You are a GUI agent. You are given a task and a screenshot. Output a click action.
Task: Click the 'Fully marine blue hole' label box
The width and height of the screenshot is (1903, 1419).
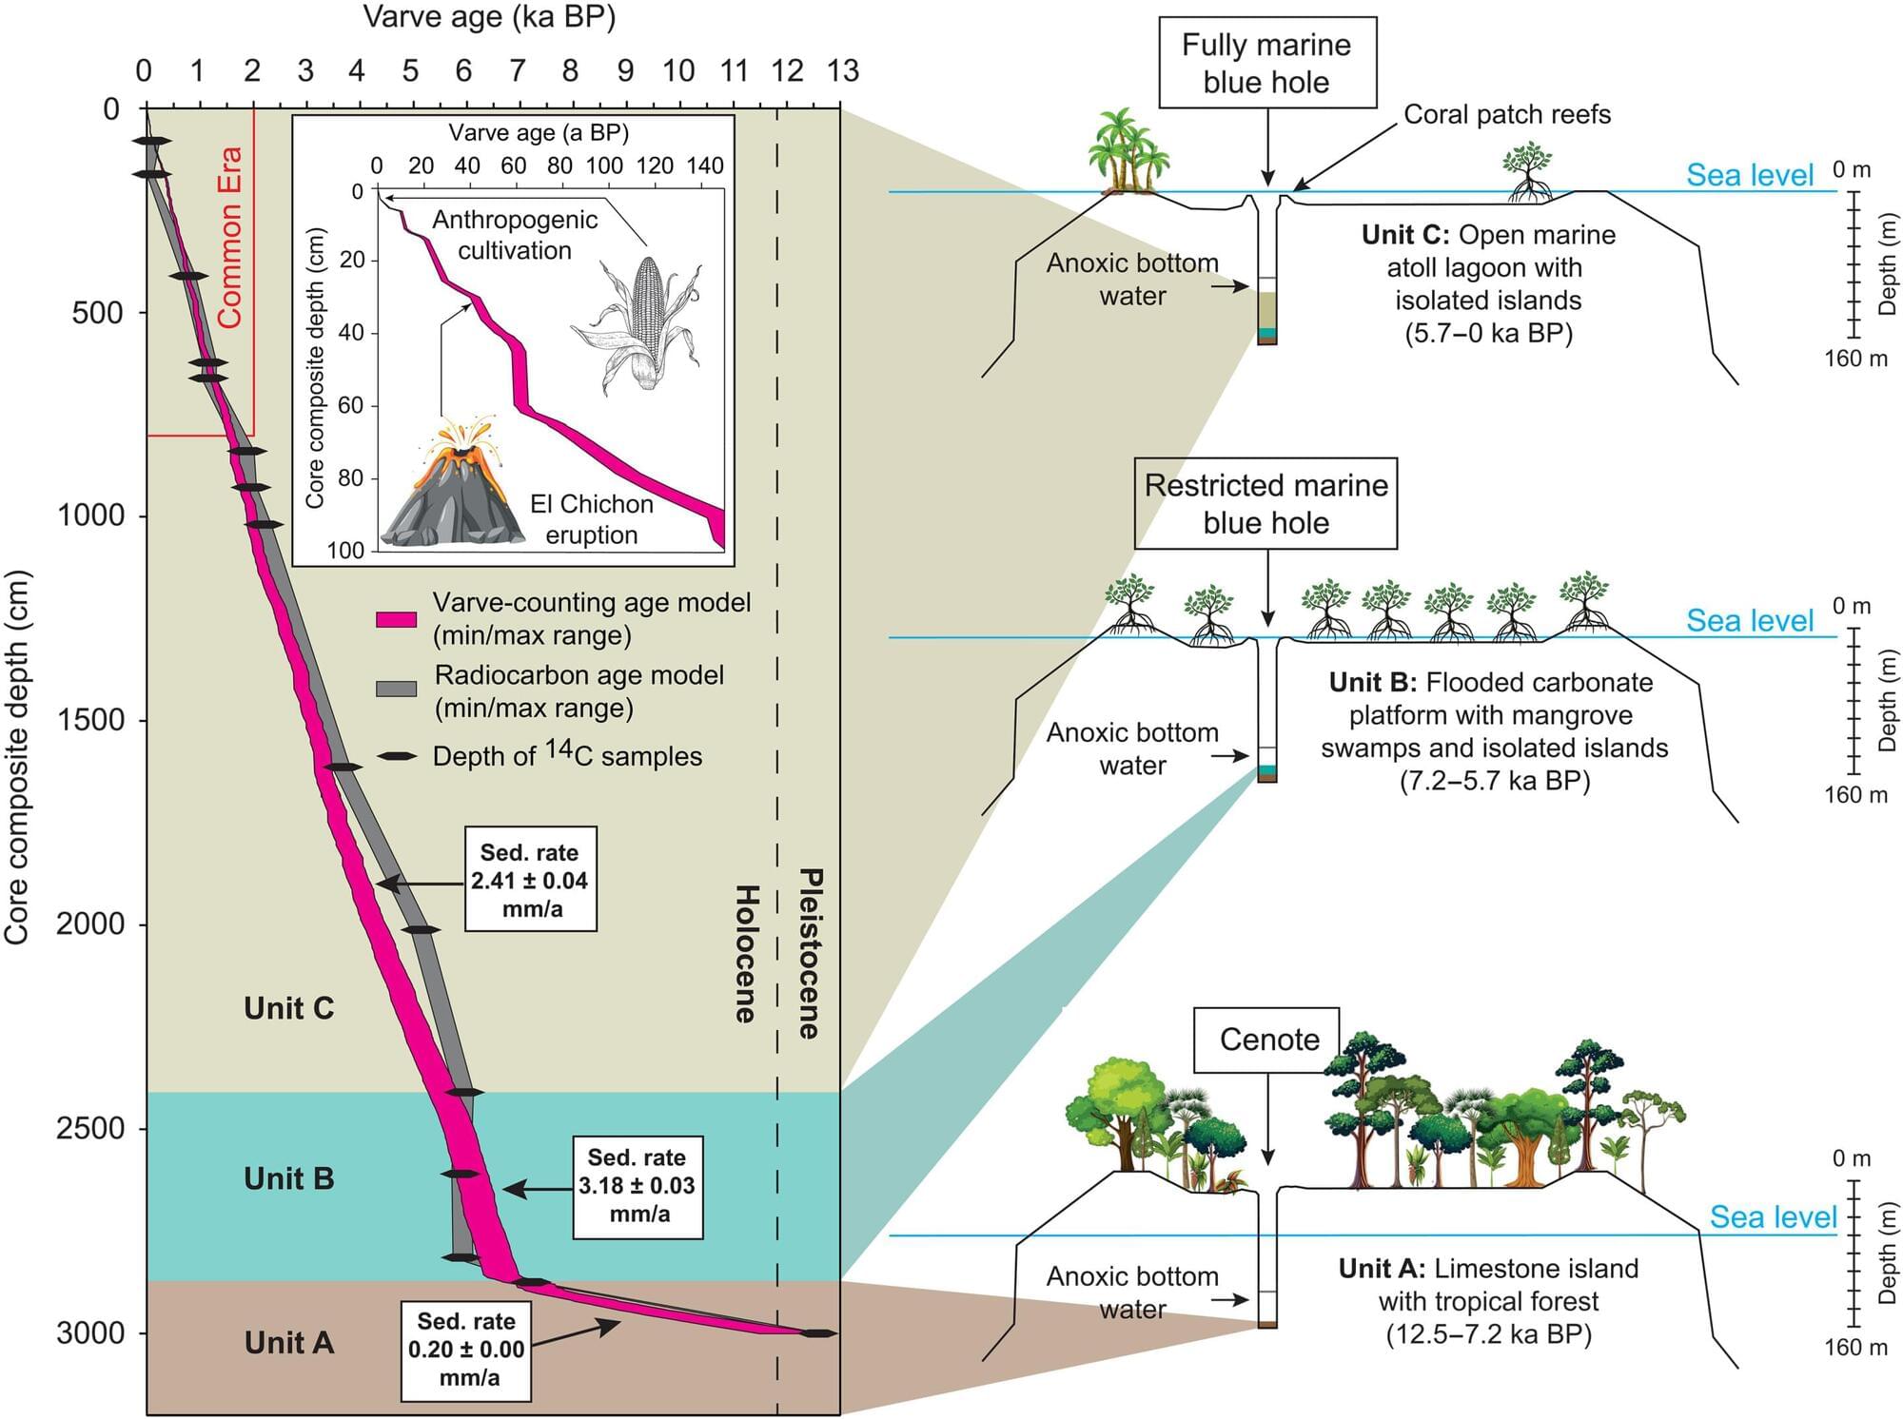click(x=1266, y=63)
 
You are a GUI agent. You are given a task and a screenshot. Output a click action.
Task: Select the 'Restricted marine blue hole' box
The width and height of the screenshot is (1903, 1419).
click(x=1265, y=504)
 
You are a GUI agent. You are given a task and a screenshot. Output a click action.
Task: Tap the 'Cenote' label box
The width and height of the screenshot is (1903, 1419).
click(x=1267, y=1040)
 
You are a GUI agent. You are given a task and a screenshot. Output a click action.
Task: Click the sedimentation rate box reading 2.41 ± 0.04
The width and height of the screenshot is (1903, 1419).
click(x=530, y=880)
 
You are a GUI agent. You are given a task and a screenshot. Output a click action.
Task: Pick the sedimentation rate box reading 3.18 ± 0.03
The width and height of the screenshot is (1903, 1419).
click(x=638, y=1186)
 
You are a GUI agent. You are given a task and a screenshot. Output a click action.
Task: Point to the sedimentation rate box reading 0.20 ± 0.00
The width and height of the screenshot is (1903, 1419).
click(x=466, y=1349)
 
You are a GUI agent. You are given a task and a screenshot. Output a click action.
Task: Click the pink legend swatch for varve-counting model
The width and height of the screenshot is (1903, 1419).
click(x=396, y=619)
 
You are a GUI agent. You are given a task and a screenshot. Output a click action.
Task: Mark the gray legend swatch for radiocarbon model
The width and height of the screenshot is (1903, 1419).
click(x=396, y=689)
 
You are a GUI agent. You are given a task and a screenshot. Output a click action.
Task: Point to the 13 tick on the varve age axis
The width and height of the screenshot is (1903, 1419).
click(x=842, y=71)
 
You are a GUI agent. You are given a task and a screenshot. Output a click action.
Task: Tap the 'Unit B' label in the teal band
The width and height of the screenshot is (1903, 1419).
click(x=288, y=1179)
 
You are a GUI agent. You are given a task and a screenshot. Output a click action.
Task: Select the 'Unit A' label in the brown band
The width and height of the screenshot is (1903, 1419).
click(x=288, y=1343)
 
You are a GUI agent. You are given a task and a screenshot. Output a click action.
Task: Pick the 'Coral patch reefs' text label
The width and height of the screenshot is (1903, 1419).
click(x=1507, y=115)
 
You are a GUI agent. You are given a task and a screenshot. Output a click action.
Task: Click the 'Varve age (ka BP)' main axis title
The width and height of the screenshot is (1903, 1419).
click(x=489, y=17)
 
